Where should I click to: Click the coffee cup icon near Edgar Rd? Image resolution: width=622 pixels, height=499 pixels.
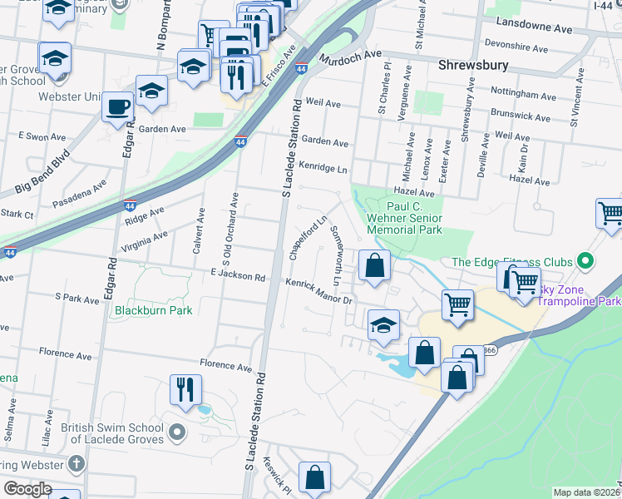117,106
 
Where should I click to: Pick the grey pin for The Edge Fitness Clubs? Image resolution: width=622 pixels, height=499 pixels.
585,262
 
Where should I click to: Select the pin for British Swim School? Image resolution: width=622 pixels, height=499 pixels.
175,432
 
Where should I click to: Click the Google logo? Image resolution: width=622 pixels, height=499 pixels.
28,489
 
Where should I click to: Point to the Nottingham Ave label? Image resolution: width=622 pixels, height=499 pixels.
522,96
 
